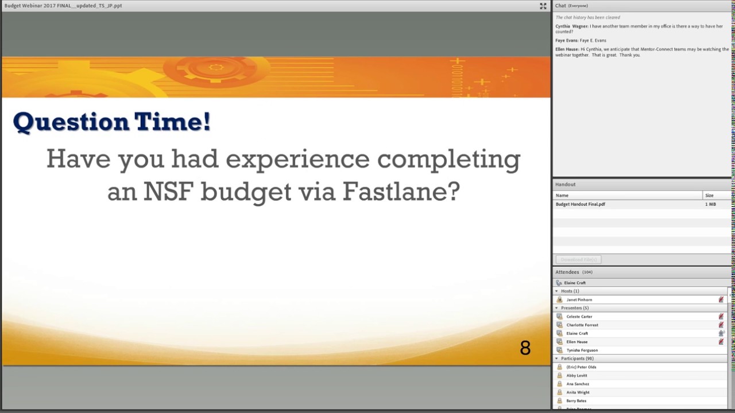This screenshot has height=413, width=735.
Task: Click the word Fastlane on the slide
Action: [x=401, y=192]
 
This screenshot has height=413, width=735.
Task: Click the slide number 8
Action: [x=525, y=348]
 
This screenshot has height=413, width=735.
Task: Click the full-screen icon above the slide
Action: [x=543, y=6]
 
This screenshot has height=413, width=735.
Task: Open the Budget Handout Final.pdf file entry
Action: [x=580, y=204]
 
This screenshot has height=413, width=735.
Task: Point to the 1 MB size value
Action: [x=710, y=204]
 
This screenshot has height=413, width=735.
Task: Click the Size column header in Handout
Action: [x=709, y=196]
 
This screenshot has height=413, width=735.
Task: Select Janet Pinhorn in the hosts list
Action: [x=579, y=299]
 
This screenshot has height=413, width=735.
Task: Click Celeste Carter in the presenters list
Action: [x=579, y=317]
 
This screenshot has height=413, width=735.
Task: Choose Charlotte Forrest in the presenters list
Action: [x=582, y=325]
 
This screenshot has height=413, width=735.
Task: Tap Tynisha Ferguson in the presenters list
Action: [x=582, y=350]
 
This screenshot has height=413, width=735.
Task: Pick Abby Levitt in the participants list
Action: [x=577, y=376]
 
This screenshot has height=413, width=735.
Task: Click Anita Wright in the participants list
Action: [x=578, y=392]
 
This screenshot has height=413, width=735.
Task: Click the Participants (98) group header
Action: [x=577, y=359]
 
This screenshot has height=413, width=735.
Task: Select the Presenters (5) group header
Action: [x=575, y=308]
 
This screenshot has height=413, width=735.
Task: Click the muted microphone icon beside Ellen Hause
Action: [x=721, y=342]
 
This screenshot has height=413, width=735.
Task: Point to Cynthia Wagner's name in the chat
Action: [x=571, y=26]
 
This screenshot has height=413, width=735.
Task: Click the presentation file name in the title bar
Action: [x=63, y=6]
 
